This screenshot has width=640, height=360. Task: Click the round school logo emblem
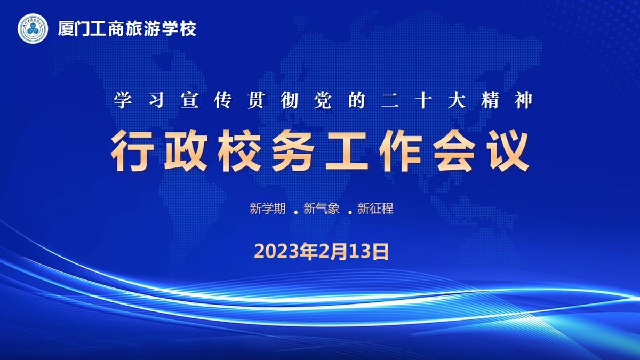coord(33,29)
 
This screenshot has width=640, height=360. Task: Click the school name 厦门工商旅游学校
coord(127,29)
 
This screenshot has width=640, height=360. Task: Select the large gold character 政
coord(186,150)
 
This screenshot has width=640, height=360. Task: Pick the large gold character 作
coord(401,150)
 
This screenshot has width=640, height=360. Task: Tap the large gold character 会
coord(454,150)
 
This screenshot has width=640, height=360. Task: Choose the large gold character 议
coord(508,150)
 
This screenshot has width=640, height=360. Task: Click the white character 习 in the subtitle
coord(156,100)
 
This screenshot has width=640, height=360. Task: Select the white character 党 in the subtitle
coord(323,100)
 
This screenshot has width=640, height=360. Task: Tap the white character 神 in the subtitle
coord(524,100)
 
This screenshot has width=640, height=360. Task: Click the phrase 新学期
coord(267,209)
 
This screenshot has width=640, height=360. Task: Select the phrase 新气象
coord(322,209)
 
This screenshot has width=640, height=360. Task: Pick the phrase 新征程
coord(375,209)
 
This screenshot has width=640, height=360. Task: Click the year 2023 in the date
coord(274,252)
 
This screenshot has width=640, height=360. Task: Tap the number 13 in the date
coord(361,252)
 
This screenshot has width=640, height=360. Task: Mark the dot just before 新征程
coord(350,212)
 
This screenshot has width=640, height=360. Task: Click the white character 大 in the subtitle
coord(457,100)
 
